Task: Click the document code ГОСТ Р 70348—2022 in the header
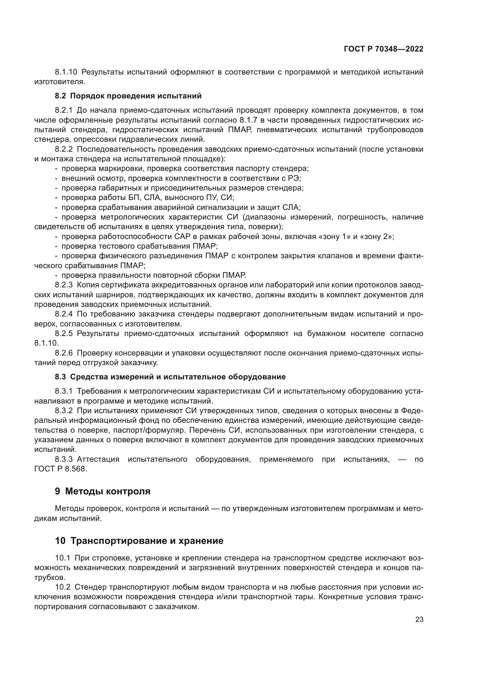(384, 49)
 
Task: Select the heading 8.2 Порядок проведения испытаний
(128, 96)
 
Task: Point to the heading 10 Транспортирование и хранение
(139, 549)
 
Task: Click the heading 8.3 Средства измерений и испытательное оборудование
(170, 377)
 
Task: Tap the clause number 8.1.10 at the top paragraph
(66, 72)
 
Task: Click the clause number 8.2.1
(64, 111)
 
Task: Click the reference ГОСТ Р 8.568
(61, 469)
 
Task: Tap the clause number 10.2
(63, 587)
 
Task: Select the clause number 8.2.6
(64, 353)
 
